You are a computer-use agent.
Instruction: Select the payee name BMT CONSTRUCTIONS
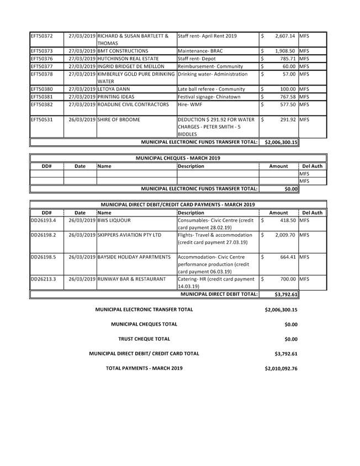tap(123, 51)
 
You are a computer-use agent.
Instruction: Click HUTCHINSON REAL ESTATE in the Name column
tap(128, 59)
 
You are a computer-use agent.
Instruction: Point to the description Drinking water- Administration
tap(213, 74)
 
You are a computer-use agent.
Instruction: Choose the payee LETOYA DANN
tap(113, 89)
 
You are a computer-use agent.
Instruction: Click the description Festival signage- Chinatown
tap(210, 97)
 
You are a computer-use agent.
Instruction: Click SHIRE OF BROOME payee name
tap(119, 119)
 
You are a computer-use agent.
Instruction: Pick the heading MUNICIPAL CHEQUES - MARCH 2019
tap(178, 158)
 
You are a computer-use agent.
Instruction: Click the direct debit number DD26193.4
tap(43, 220)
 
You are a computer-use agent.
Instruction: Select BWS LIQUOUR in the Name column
tap(114, 220)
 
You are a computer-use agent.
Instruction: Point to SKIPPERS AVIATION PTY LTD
tap(129, 235)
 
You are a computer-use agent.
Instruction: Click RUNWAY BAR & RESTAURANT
tap(131, 279)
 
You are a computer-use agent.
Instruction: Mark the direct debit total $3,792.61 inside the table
tap(286, 294)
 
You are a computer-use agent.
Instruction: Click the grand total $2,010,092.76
tap(281, 368)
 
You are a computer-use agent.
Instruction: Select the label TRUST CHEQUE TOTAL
tap(144, 339)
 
